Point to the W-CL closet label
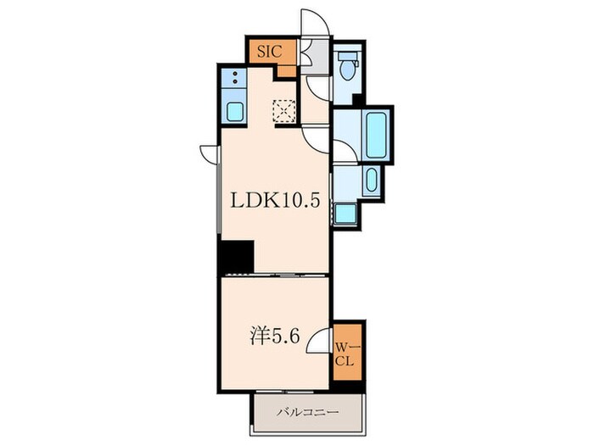click(x=348, y=352)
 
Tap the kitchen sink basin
click(x=233, y=111)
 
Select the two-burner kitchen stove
click(x=233, y=81)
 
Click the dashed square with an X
click(x=283, y=111)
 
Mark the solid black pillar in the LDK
click(x=236, y=256)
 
